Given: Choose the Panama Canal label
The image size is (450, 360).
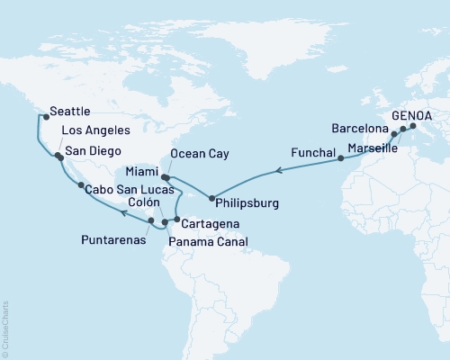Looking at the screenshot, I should click(209, 240).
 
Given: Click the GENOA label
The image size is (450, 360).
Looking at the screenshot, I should click(410, 116).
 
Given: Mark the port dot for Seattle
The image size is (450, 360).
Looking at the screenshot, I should click(46, 117).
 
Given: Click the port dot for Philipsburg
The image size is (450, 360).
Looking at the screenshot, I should click(211, 198).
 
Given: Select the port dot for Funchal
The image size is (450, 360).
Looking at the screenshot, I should click(341, 158).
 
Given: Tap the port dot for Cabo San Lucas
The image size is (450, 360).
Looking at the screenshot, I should click(81, 184).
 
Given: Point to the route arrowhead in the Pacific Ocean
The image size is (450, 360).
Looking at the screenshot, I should click(122, 213).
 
